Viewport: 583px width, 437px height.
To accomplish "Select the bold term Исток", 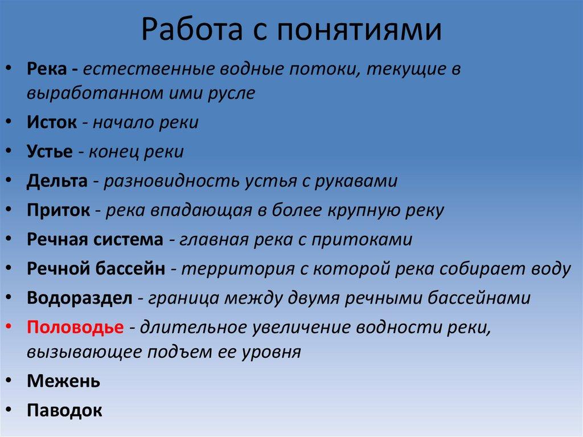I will [52, 122].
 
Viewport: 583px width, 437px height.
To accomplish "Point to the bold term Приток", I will [58, 210].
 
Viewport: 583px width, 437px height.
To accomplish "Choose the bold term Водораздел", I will [80, 298].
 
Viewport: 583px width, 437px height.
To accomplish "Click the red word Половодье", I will [75, 328].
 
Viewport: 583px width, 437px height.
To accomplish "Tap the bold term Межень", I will [63, 381].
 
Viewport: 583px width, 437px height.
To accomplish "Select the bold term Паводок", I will [64, 410].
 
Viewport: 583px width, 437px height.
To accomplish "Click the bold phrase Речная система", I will [95, 239].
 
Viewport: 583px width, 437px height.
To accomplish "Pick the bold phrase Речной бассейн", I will [96, 268].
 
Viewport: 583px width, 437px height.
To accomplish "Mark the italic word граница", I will [184, 298].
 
